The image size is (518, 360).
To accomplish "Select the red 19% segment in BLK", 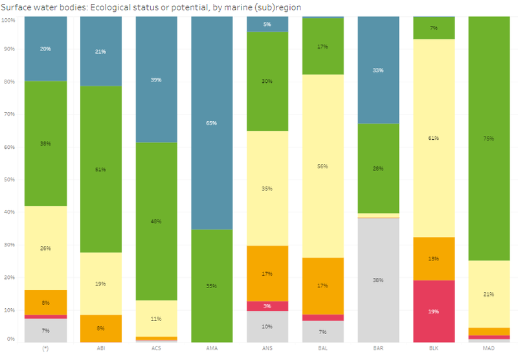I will [433, 311].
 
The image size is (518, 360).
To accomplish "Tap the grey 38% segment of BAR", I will [378, 280].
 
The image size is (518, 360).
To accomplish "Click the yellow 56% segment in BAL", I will [322, 166].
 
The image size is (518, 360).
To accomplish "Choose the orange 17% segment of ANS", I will [267, 273].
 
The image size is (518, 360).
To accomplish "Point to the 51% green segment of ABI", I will [101, 169].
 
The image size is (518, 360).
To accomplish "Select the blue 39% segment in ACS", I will [157, 80].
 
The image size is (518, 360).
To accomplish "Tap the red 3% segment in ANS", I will [267, 306].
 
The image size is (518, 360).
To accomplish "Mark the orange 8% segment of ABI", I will [101, 328].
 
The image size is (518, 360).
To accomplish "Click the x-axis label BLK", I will [433, 349].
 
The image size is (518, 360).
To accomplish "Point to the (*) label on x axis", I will [45, 349].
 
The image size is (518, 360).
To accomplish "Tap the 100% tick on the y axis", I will [8, 20].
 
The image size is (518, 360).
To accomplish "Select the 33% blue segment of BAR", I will [378, 70].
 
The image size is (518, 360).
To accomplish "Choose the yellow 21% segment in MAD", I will [489, 294].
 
